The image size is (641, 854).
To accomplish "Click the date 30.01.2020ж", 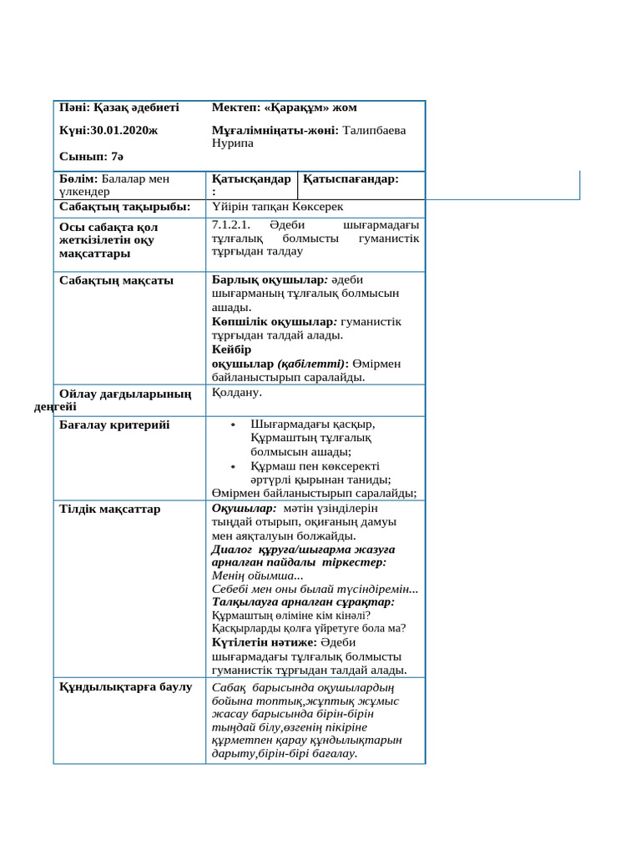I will (x=124, y=132).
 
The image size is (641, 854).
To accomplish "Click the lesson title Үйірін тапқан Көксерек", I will (x=278, y=206).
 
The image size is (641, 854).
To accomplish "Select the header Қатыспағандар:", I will (x=351, y=178).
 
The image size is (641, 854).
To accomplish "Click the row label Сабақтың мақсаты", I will (x=117, y=280).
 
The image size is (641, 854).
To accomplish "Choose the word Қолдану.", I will (x=238, y=391).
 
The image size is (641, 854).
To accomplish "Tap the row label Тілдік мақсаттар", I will (x=110, y=509).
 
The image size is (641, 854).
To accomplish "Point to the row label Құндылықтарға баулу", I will (x=126, y=687).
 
